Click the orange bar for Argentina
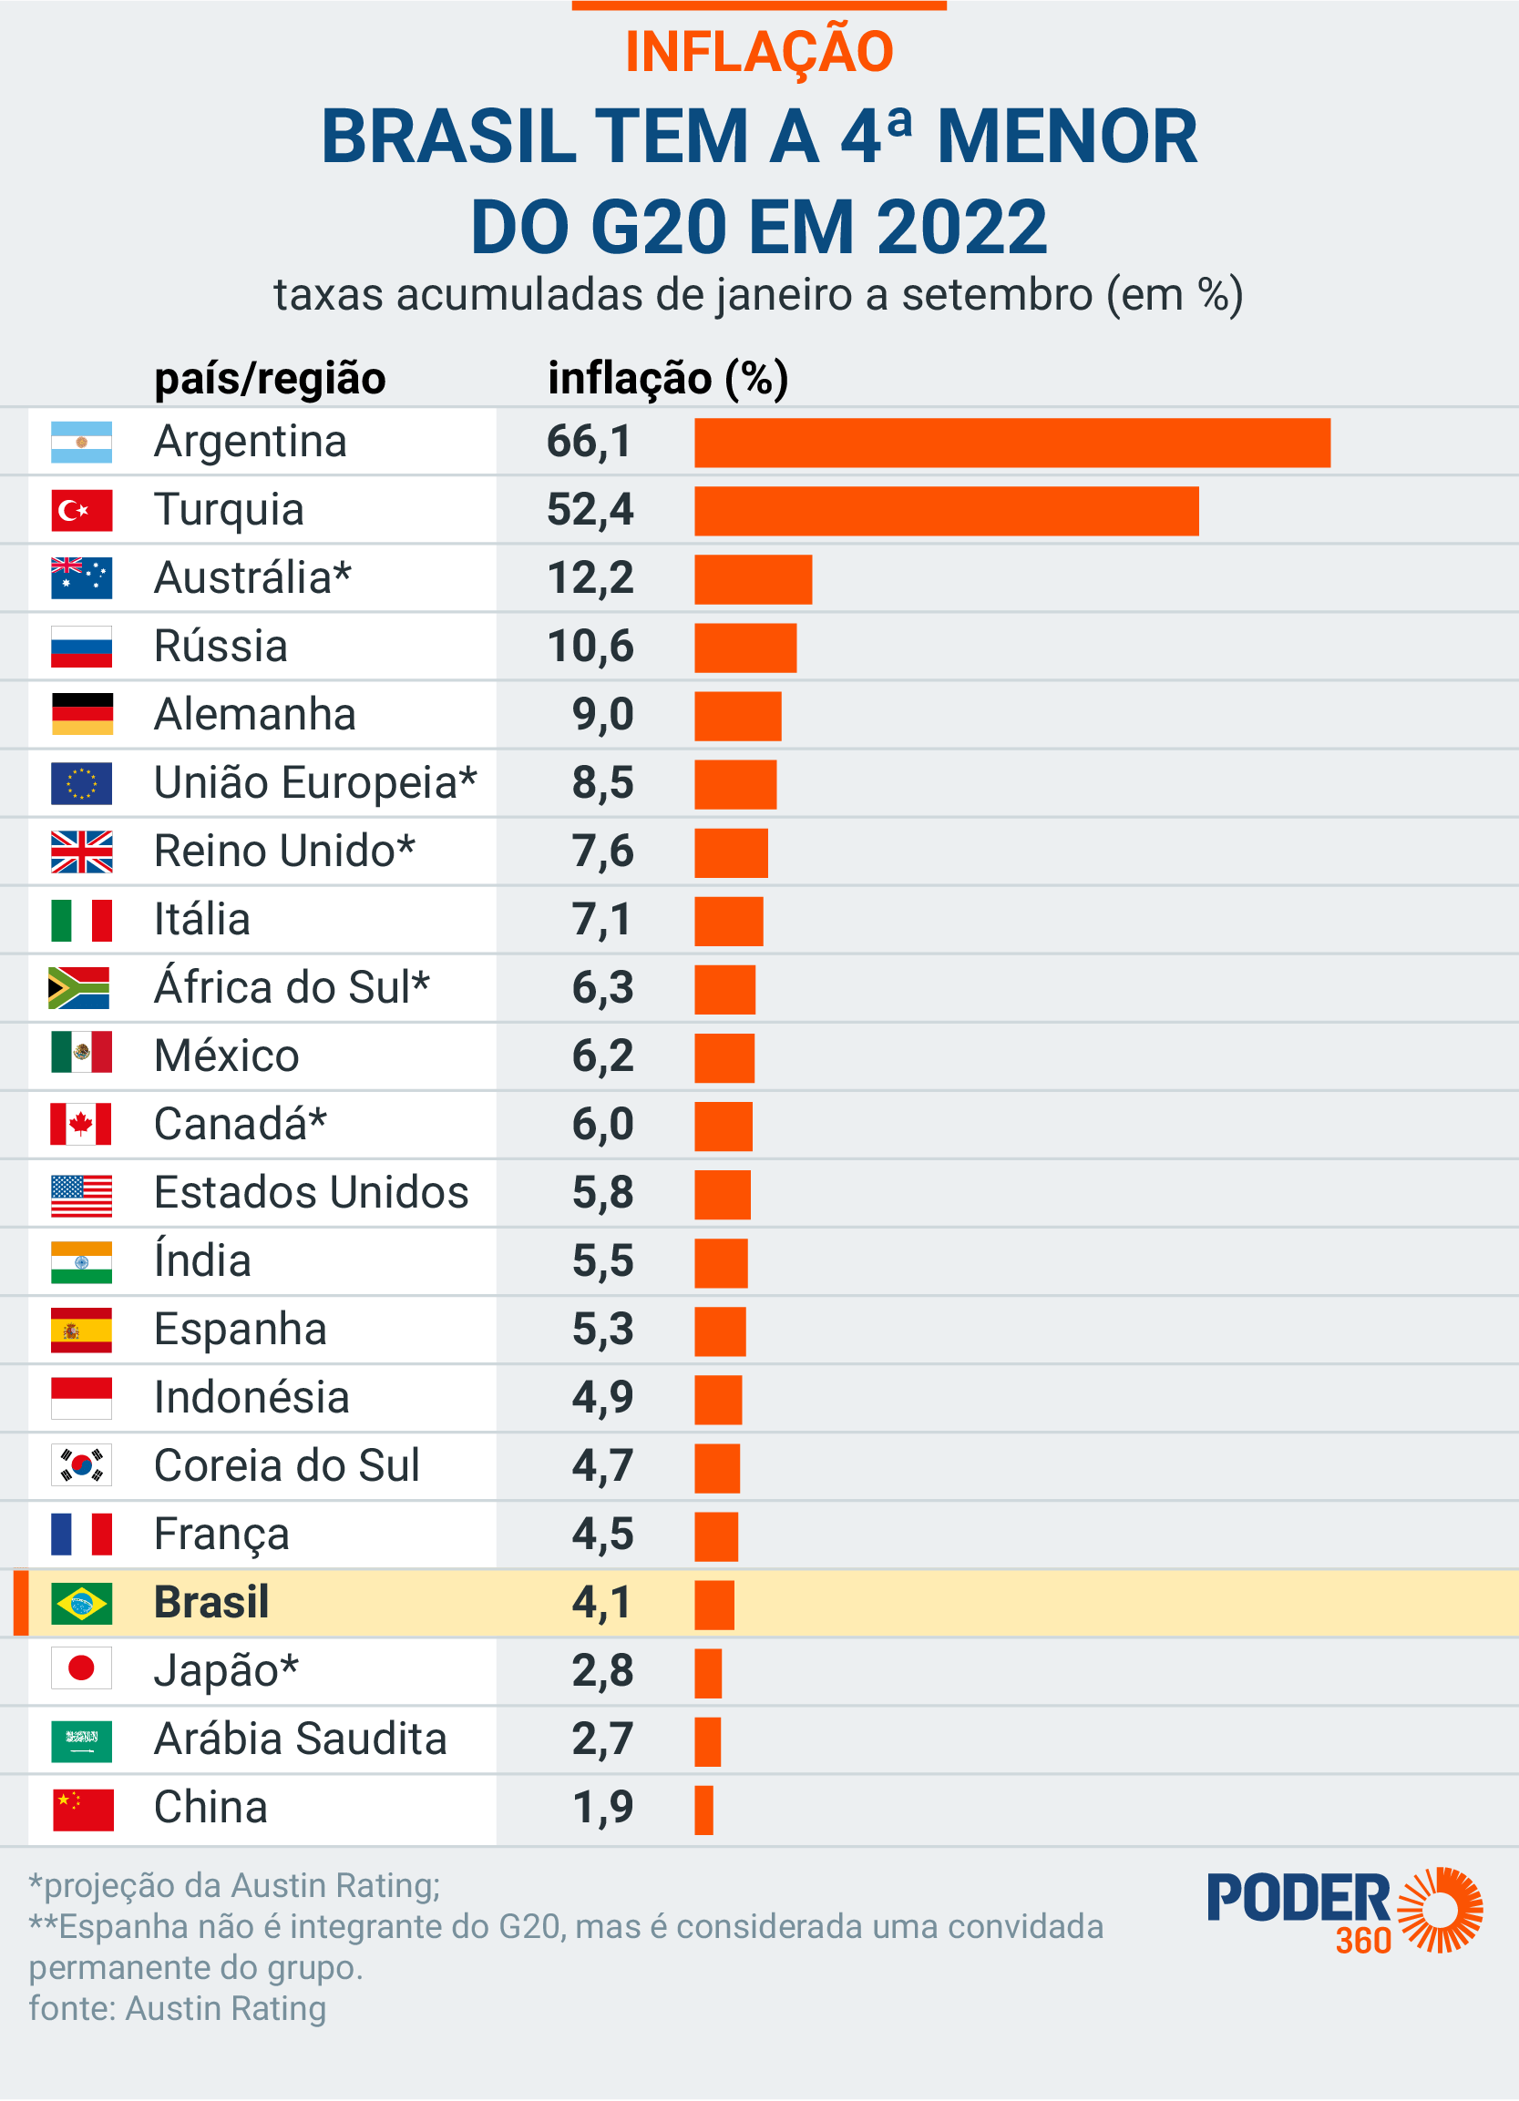click(x=1012, y=443)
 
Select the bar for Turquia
click(x=946, y=511)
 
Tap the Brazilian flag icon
click(x=82, y=1603)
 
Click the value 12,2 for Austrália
click(x=590, y=578)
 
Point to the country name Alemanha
click(x=255, y=714)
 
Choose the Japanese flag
click(x=82, y=1668)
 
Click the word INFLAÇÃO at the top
click(x=759, y=52)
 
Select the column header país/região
click(x=270, y=379)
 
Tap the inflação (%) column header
click(x=668, y=379)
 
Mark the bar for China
click(x=703, y=1810)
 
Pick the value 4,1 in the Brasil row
click(x=601, y=1603)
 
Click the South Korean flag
click(x=82, y=1465)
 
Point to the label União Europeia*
click(x=315, y=783)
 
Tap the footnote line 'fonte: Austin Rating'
click(x=178, y=2008)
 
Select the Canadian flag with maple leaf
click(x=82, y=1124)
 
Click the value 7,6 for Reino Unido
click(x=602, y=852)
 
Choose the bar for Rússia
click(x=745, y=648)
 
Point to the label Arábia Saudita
click(x=301, y=1739)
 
